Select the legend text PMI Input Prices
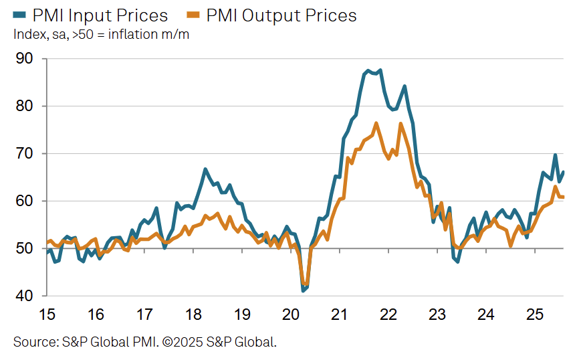[100, 15]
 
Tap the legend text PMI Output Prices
[280, 15]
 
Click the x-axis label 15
[47, 314]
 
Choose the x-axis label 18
[193, 314]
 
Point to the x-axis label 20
[291, 314]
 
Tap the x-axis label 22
[388, 314]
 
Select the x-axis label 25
[534, 314]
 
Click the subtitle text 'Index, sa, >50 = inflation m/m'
[101, 35]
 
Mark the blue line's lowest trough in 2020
[303, 290]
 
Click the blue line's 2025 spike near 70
[555, 155]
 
